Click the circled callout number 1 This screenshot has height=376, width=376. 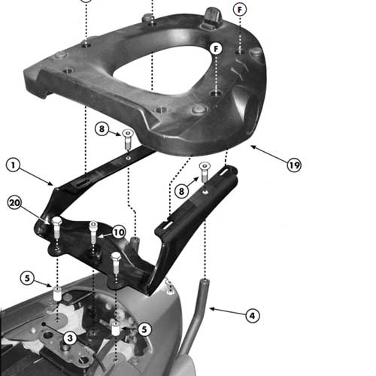pyautogui.click(x=13, y=165)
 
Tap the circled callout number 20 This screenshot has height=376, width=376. pyautogui.click(x=14, y=202)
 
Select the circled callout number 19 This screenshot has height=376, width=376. pyautogui.click(x=294, y=165)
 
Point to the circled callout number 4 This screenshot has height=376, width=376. pyautogui.click(x=252, y=316)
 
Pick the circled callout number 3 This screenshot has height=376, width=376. pyautogui.click(x=70, y=338)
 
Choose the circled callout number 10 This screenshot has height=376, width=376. pyautogui.click(x=119, y=232)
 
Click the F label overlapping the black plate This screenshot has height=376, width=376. pyautogui.click(x=216, y=49)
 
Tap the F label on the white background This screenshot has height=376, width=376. pyautogui.click(x=240, y=10)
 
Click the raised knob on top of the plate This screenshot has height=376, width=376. pyautogui.click(x=211, y=17)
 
